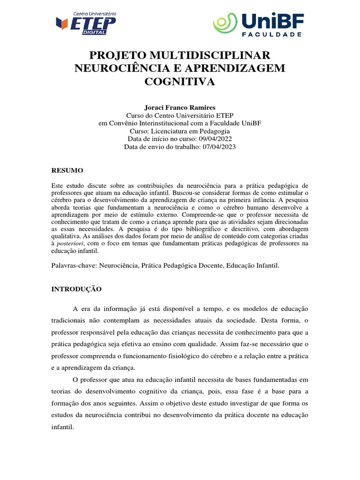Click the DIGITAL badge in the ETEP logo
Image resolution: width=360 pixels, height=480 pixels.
[94, 33]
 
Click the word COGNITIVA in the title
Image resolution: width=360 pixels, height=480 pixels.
[180, 82]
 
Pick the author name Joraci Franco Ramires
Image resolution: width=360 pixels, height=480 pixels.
[180, 107]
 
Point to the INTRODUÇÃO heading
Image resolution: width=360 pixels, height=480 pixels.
[76, 289]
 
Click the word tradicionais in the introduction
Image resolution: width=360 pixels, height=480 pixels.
[70, 321]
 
